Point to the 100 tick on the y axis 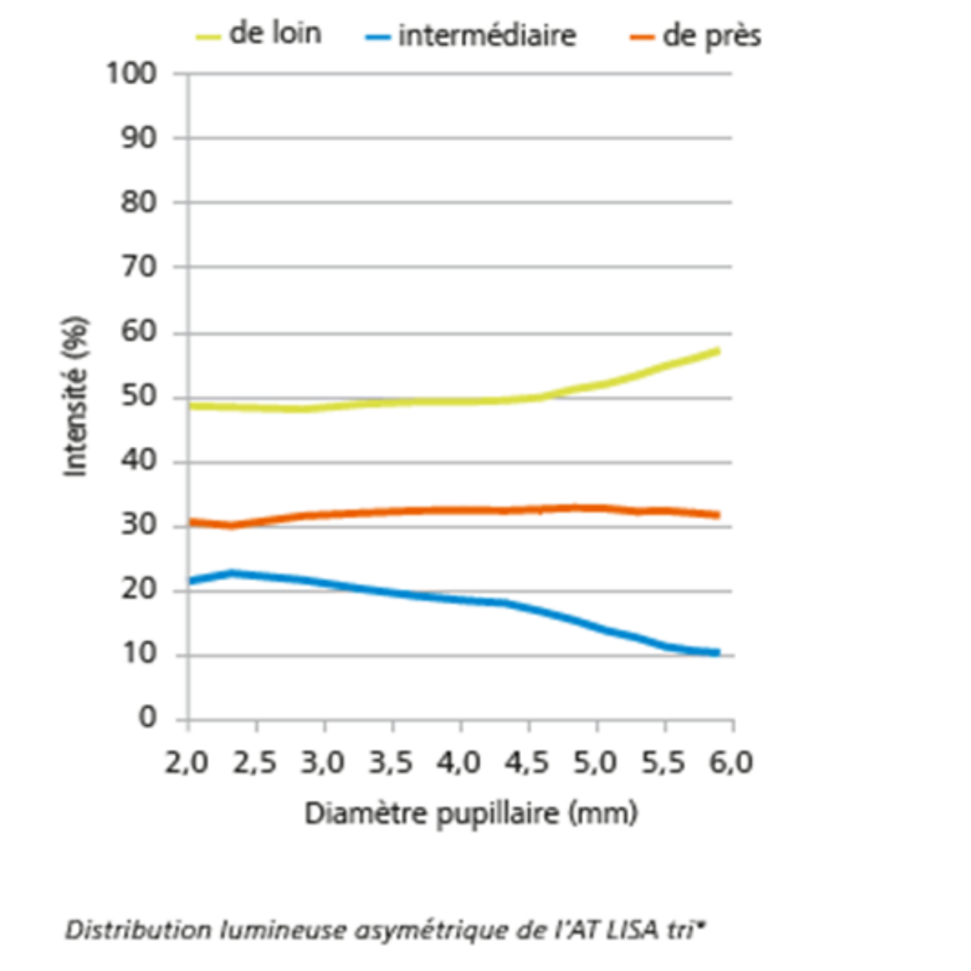click(x=131, y=74)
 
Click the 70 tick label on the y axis click(x=139, y=267)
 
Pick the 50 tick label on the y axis click(x=139, y=397)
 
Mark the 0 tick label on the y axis click(x=147, y=718)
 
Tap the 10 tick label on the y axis click(x=139, y=653)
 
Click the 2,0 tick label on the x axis click(x=187, y=762)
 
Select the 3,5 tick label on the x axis click(x=391, y=762)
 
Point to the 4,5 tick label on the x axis click(x=527, y=762)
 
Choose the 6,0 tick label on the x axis click(x=731, y=762)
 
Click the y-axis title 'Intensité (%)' click(x=75, y=397)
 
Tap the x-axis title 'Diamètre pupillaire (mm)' click(x=470, y=813)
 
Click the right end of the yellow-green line click(x=717, y=351)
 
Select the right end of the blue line click(x=717, y=652)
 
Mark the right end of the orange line click(x=717, y=516)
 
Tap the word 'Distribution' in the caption click(x=138, y=929)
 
